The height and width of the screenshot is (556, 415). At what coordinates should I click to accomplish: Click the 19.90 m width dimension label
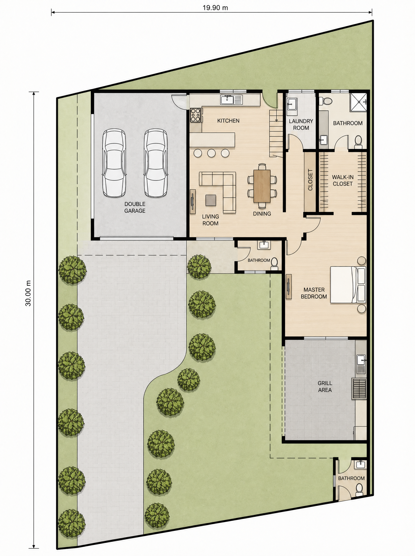pyautogui.click(x=215, y=8)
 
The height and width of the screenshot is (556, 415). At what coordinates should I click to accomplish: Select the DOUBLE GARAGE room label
pyautogui.click(x=135, y=207)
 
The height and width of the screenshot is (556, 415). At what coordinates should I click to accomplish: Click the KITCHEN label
pyautogui.click(x=228, y=121)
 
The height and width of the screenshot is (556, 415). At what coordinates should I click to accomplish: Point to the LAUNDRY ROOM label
pyautogui.click(x=301, y=124)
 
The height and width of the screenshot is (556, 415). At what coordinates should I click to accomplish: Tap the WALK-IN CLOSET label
pyautogui.click(x=343, y=180)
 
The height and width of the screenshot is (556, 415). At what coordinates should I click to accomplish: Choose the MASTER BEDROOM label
pyautogui.click(x=314, y=293)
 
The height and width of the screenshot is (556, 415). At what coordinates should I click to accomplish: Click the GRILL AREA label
pyautogui.click(x=325, y=386)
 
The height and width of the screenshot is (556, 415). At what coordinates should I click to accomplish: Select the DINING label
pyautogui.click(x=262, y=214)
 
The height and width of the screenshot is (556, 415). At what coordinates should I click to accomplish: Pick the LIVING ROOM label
pyautogui.click(x=210, y=220)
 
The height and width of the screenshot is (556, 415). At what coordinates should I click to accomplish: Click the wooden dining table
pyautogui.click(x=262, y=186)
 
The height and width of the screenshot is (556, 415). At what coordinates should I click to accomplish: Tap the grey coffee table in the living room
pyautogui.click(x=211, y=200)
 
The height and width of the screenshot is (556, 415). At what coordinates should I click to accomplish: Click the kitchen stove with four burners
pyautogui.click(x=196, y=115)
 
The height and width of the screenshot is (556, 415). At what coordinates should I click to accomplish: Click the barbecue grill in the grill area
pyautogui.click(x=359, y=389)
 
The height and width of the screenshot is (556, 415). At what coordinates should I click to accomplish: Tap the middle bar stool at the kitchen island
pyautogui.click(x=211, y=153)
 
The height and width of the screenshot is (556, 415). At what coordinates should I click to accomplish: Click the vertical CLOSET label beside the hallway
pyautogui.click(x=310, y=180)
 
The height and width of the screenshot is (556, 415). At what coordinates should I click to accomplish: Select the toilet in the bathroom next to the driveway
pyautogui.click(x=274, y=263)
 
